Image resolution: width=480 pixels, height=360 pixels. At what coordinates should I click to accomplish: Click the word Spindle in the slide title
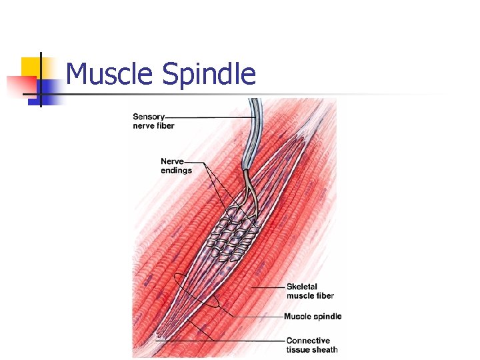point(209,75)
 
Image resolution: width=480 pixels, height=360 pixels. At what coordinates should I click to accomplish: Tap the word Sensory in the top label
point(149,117)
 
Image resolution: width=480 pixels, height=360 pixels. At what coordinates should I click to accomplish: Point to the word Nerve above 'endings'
point(172,161)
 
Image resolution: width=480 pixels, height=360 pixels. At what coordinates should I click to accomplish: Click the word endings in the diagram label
point(176,170)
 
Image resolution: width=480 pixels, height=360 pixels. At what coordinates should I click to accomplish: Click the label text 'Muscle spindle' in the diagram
point(312,316)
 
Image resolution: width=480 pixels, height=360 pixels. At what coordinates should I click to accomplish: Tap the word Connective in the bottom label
point(308,341)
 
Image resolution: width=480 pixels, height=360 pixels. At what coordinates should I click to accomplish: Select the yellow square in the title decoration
point(31,67)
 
